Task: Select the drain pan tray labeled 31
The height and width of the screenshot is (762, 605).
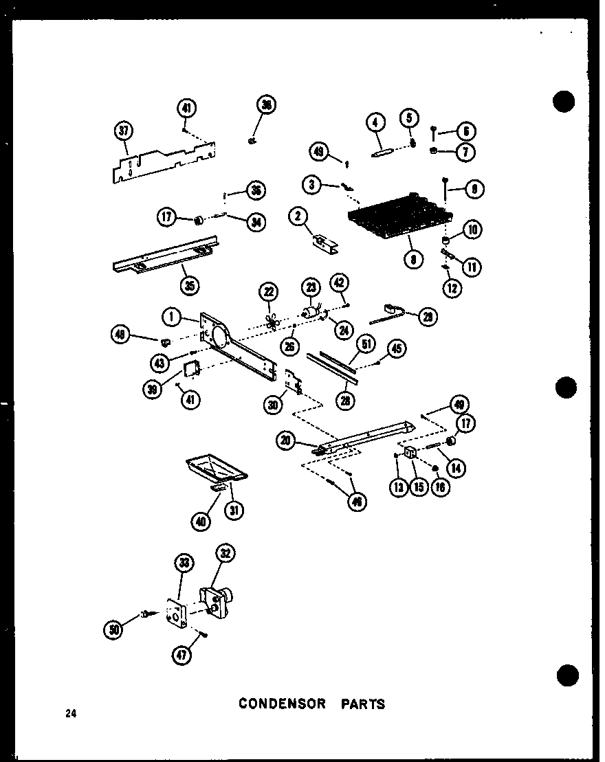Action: point(214,470)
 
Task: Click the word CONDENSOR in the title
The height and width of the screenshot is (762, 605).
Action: point(283,704)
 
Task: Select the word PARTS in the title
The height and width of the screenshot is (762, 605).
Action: point(363,704)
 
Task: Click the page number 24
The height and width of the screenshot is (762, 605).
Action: point(71,714)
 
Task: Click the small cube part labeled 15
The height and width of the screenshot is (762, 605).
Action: point(409,453)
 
